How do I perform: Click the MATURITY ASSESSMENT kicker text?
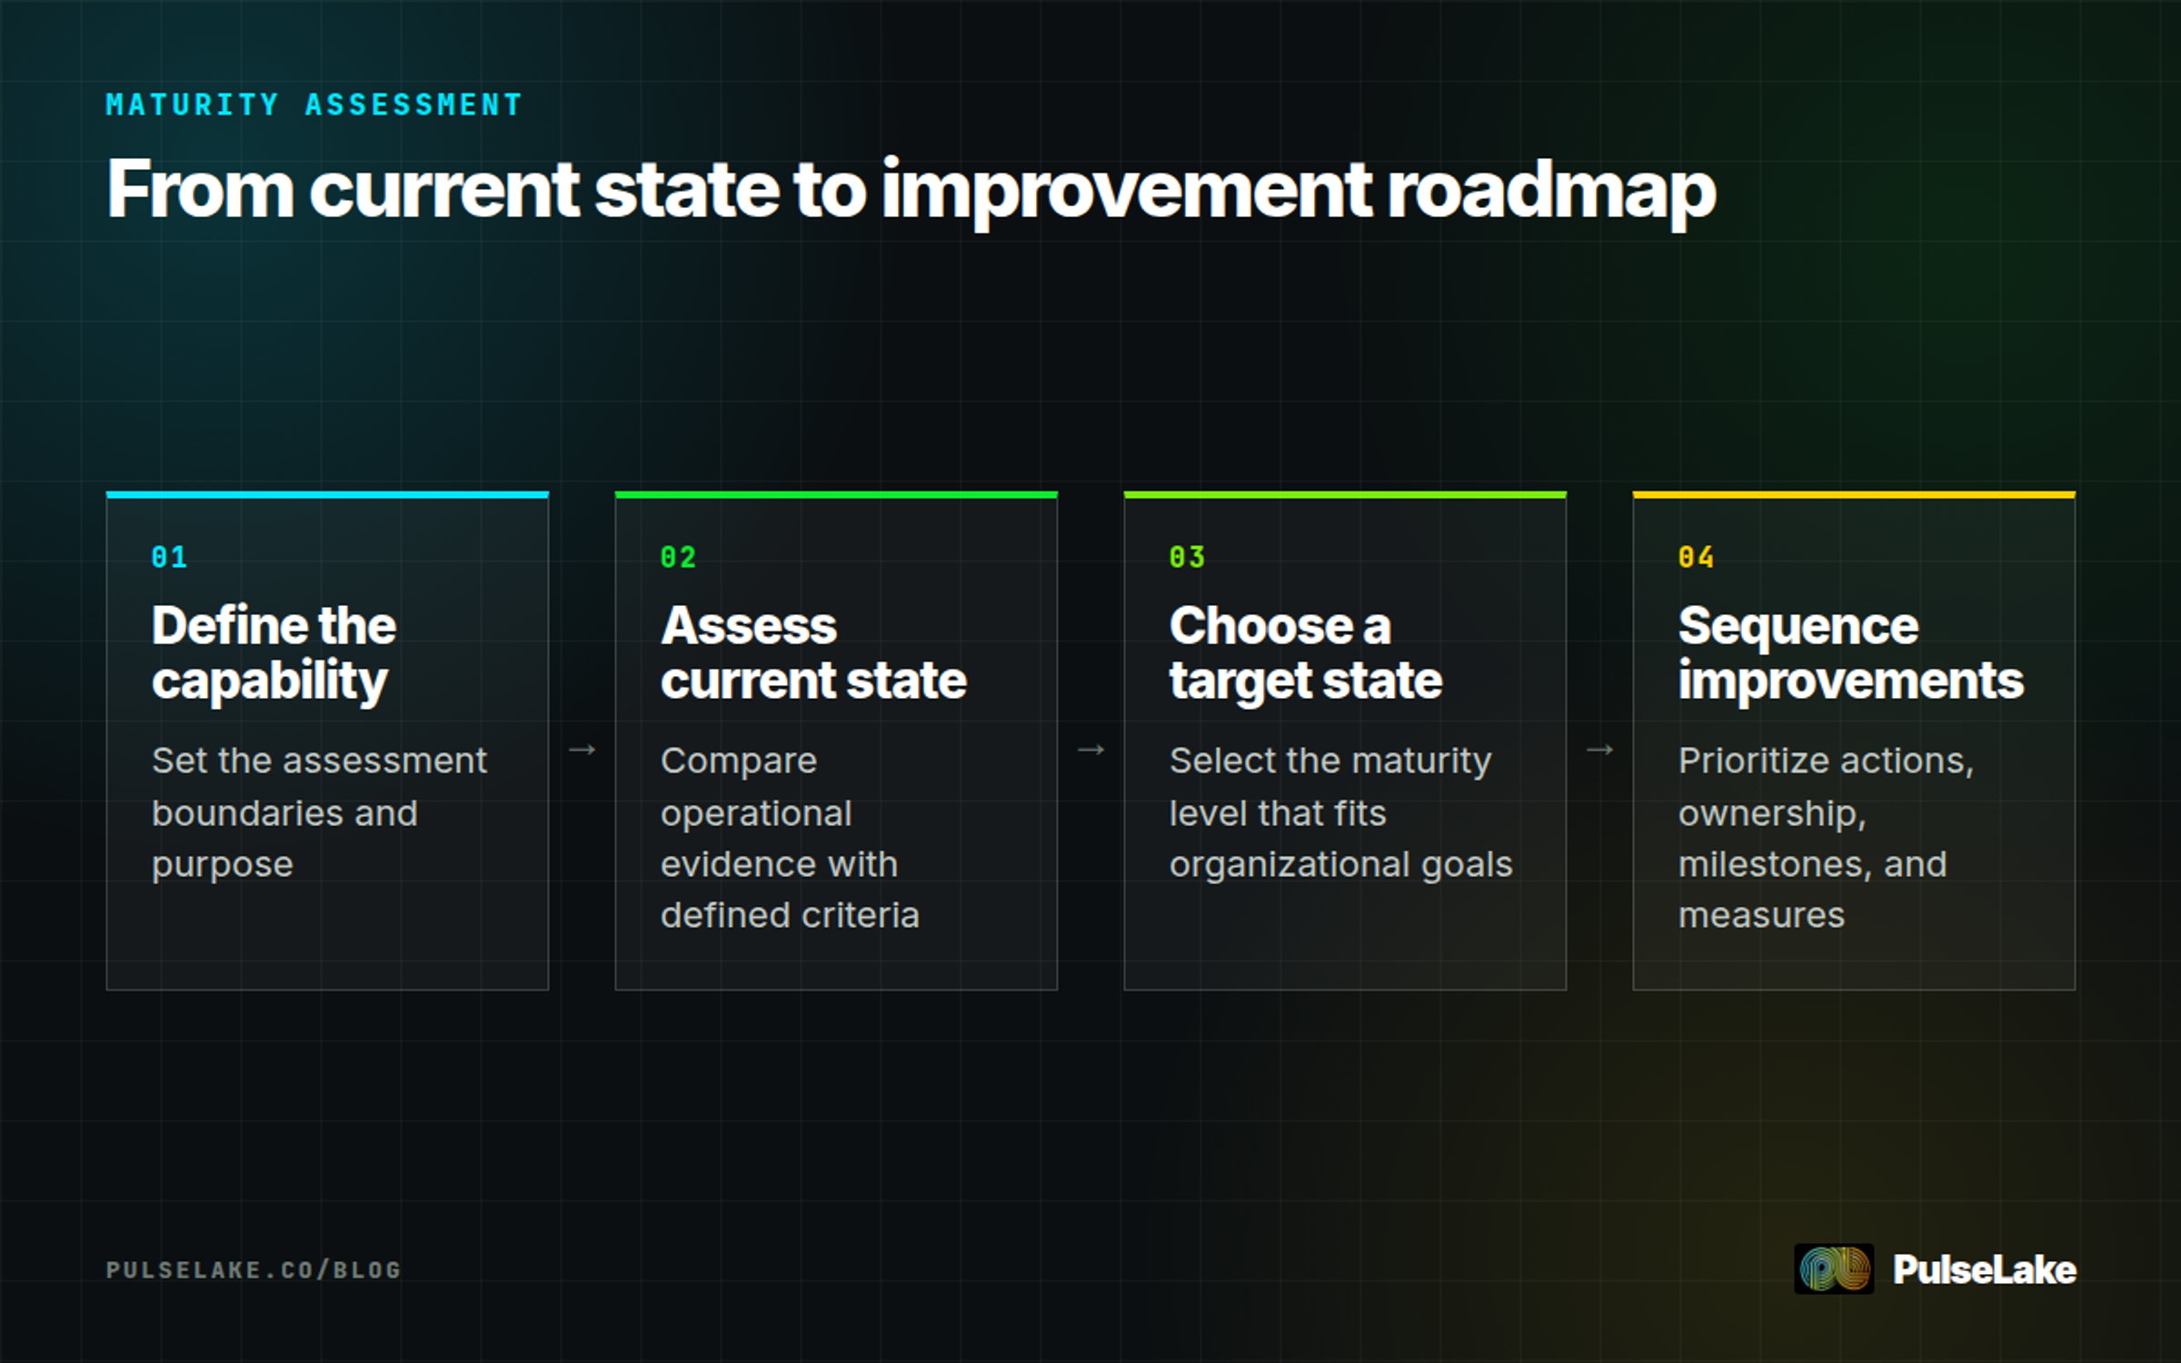point(314,104)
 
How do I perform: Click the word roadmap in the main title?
point(1550,193)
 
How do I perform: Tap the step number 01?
point(169,557)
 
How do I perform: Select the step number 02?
point(678,557)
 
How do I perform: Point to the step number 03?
point(1187,557)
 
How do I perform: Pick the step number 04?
point(1696,557)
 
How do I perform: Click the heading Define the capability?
point(274,653)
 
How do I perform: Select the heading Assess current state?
point(813,653)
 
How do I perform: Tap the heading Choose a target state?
point(1306,653)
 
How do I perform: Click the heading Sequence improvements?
point(1851,653)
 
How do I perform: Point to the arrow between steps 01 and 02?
point(582,750)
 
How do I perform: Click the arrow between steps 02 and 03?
point(1090,750)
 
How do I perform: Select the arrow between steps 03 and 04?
point(1599,750)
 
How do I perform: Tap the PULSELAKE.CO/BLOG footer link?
point(254,1269)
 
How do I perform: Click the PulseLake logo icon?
point(1834,1268)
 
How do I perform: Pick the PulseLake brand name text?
point(1985,1269)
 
